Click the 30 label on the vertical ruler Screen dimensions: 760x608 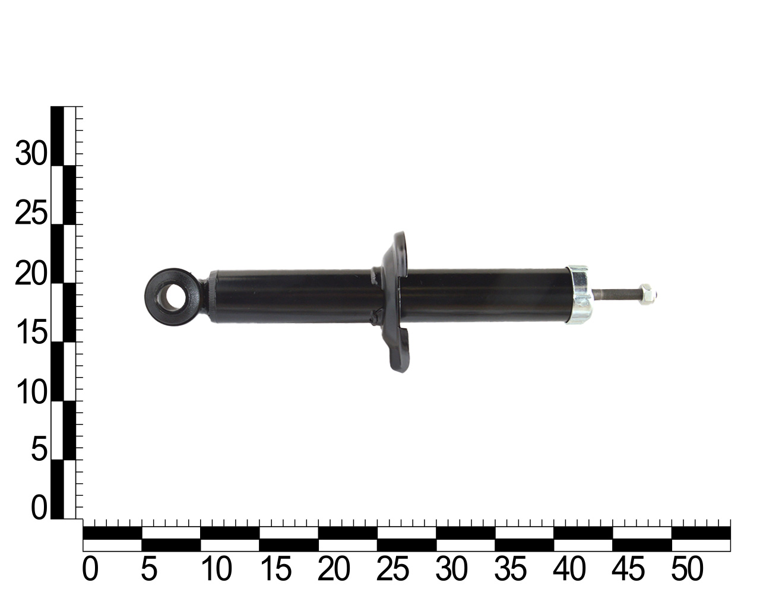(31, 153)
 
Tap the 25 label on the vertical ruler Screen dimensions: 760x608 (31, 213)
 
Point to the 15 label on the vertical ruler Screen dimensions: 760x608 (32, 332)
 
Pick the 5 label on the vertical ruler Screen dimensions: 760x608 (39, 449)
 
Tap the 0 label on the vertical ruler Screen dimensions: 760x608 (39, 508)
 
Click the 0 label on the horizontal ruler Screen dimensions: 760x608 (90, 569)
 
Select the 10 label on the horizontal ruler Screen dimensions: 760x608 (217, 569)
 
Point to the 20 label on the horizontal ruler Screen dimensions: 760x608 (334, 569)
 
